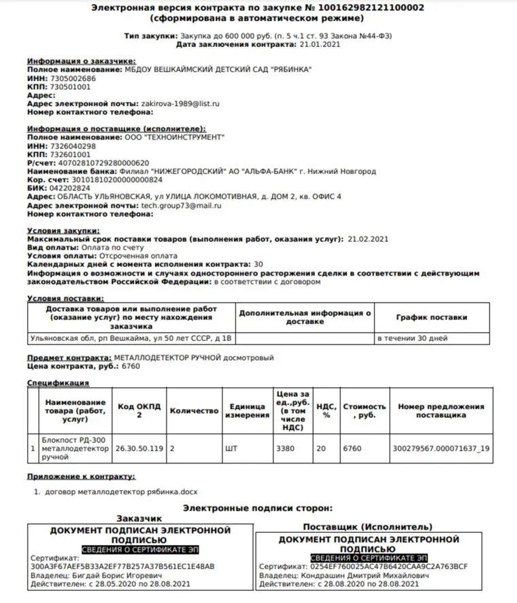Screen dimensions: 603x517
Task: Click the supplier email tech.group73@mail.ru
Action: (x=182, y=205)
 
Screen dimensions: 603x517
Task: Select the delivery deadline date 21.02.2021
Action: (x=368, y=239)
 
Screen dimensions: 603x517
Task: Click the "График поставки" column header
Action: (x=431, y=317)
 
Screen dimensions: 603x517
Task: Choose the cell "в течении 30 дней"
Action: (x=412, y=338)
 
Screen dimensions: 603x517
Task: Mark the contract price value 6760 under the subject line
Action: (x=131, y=366)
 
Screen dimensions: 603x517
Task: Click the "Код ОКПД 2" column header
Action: (x=139, y=410)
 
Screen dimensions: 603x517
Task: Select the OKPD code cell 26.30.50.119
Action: (x=139, y=449)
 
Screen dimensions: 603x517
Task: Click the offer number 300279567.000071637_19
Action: (x=441, y=449)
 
